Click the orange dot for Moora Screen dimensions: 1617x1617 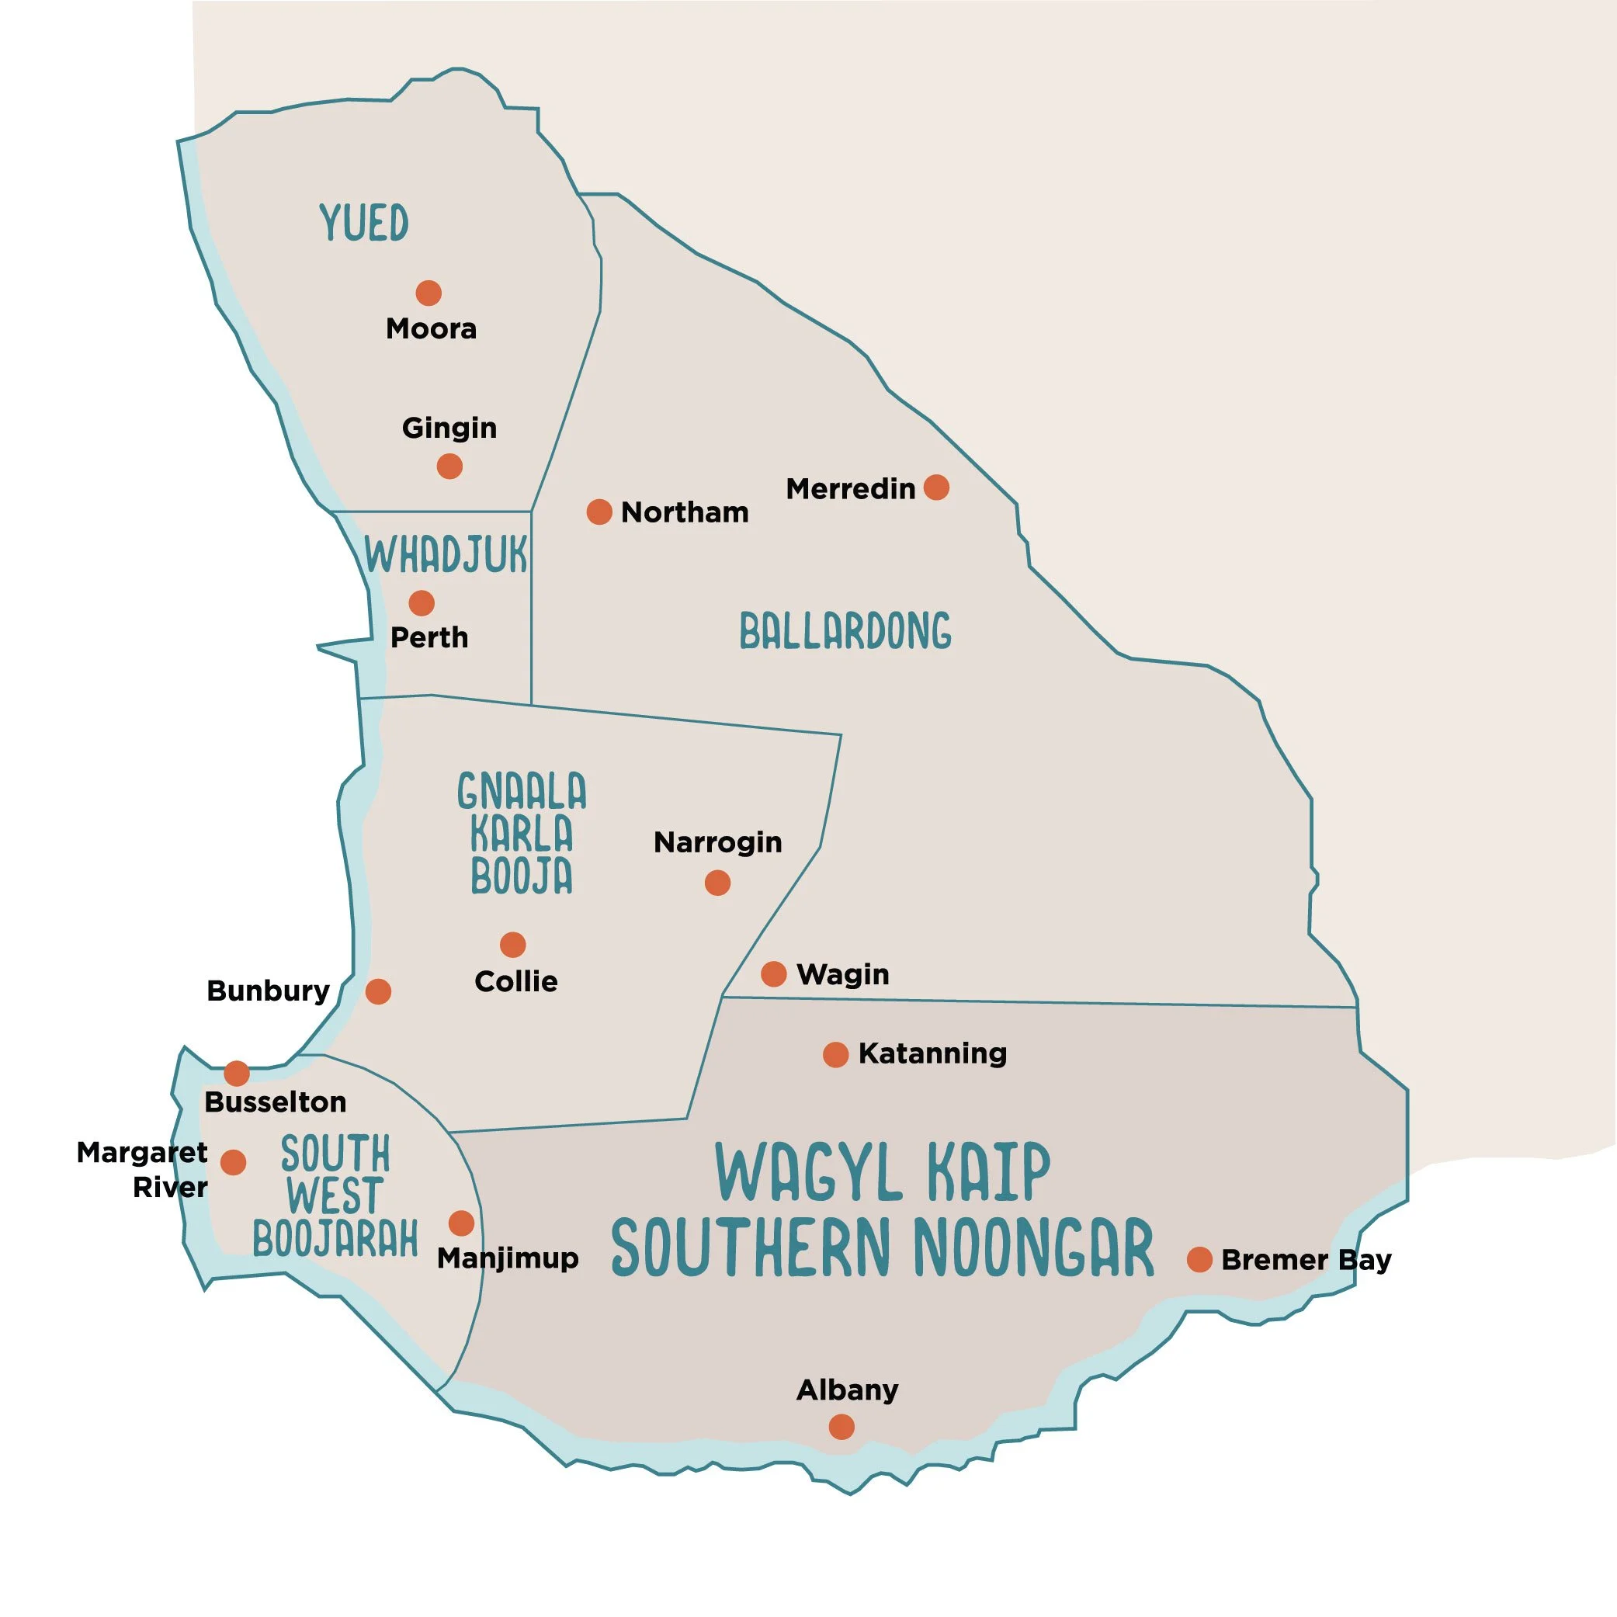click(429, 293)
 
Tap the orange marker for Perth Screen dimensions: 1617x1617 click(422, 602)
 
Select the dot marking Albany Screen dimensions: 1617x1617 click(841, 1427)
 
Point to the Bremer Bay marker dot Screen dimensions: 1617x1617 click(1199, 1260)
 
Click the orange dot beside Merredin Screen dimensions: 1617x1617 click(936, 487)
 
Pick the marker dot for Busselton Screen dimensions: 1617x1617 click(237, 1074)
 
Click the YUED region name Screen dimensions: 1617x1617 click(364, 223)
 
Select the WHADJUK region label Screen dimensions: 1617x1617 click(446, 555)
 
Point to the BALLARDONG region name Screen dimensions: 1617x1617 click(845, 632)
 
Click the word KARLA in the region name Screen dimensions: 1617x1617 click(522, 835)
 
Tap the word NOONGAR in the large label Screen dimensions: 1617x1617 click(1034, 1249)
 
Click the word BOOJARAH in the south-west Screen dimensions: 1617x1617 click(335, 1240)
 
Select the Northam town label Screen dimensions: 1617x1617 click(685, 512)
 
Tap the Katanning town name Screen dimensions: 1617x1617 click(932, 1053)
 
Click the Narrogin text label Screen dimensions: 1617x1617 click(717, 842)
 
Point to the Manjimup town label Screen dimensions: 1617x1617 click(507, 1258)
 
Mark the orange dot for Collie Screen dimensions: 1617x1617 click(513, 945)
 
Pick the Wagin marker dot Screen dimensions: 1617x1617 click(773, 973)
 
